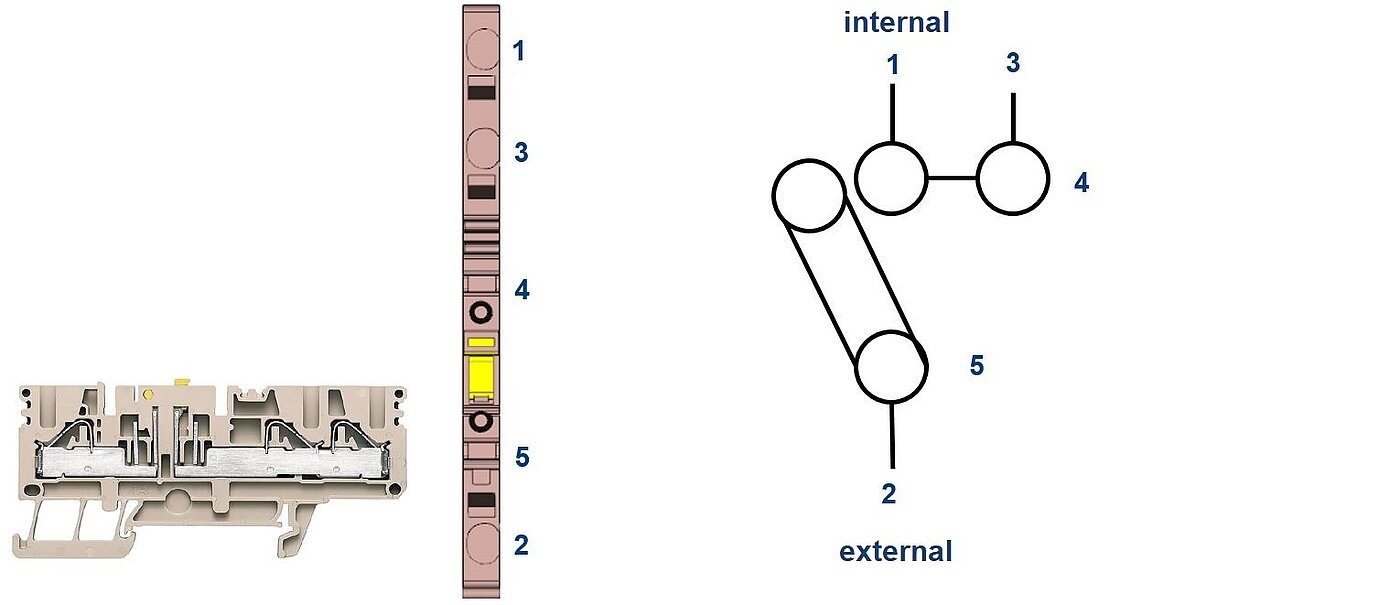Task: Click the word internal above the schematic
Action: pyautogui.click(x=896, y=22)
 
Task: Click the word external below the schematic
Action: pyautogui.click(x=895, y=551)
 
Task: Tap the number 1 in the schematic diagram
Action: pyautogui.click(x=893, y=65)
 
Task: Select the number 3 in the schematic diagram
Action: pyautogui.click(x=1013, y=63)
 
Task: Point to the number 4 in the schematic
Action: pyautogui.click(x=1081, y=183)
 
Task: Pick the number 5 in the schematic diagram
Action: pyautogui.click(x=977, y=366)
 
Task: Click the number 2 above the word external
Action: pyautogui.click(x=889, y=493)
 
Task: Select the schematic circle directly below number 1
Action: pyautogui.click(x=892, y=178)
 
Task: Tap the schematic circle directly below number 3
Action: pyautogui.click(x=1013, y=179)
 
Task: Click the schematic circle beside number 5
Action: pyautogui.click(x=892, y=367)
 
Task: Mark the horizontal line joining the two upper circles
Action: pyautogui.click(x=952, y=179)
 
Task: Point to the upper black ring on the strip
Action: pyautogui.click(x=481, y=313)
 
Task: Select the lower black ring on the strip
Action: pyautogui.click(x=481, y=421)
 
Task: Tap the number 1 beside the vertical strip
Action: pyautogui.click(x=519, y=50)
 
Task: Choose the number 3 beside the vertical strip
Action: pyautogui.click(x=520, y=153)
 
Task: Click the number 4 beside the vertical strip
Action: pyautogui.click(x=521, y=291)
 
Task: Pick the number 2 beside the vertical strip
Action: pyautogui.click(x=521, y=545)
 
